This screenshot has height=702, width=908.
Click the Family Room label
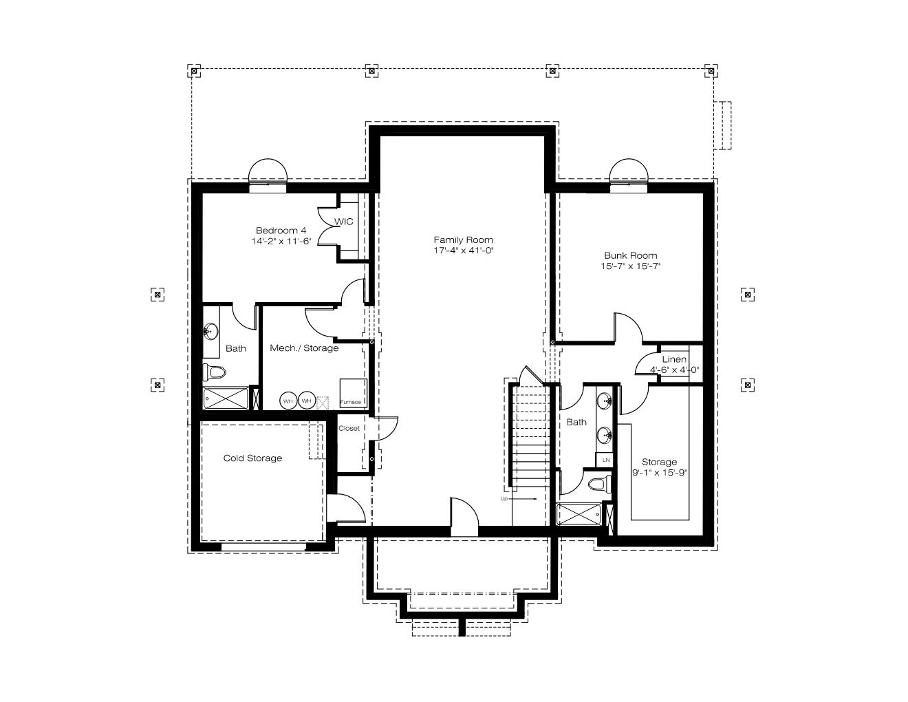pyautogui.click(x=463, y=240)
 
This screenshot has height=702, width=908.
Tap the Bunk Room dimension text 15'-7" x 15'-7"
pyautogui.click(x=630, y=266)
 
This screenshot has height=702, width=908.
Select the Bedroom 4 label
pyautogui.click(x=281, y=231)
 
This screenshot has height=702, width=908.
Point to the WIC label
pyautogui.click(x=343, y=222)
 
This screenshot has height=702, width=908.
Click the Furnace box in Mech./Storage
pyautogui.click(x=353, y=393)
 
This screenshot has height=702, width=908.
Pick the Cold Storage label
pyautogui.click(x=252, y=458)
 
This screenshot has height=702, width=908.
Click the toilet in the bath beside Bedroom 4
pyautogui.click(x=215, y=371)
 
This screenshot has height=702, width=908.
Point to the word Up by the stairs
pyautogui.click(x=504, y=499)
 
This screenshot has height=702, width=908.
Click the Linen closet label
pyautogui.click(x=674, y=359)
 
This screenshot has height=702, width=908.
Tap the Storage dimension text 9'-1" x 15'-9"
pyautogui.click(x=660, y=473)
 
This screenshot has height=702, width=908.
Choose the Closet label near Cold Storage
pyautogui.click(x=349, y=428)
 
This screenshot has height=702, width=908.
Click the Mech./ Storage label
pyautogui.click(x=304, y=348)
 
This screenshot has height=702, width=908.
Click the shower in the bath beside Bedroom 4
pyautogui.click(x=226, y=398)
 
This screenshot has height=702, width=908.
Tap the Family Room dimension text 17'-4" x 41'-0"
pyautogui.click(x=464, y=251)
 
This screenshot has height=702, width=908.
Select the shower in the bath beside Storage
pyautogui.click(x=579, y=514)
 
